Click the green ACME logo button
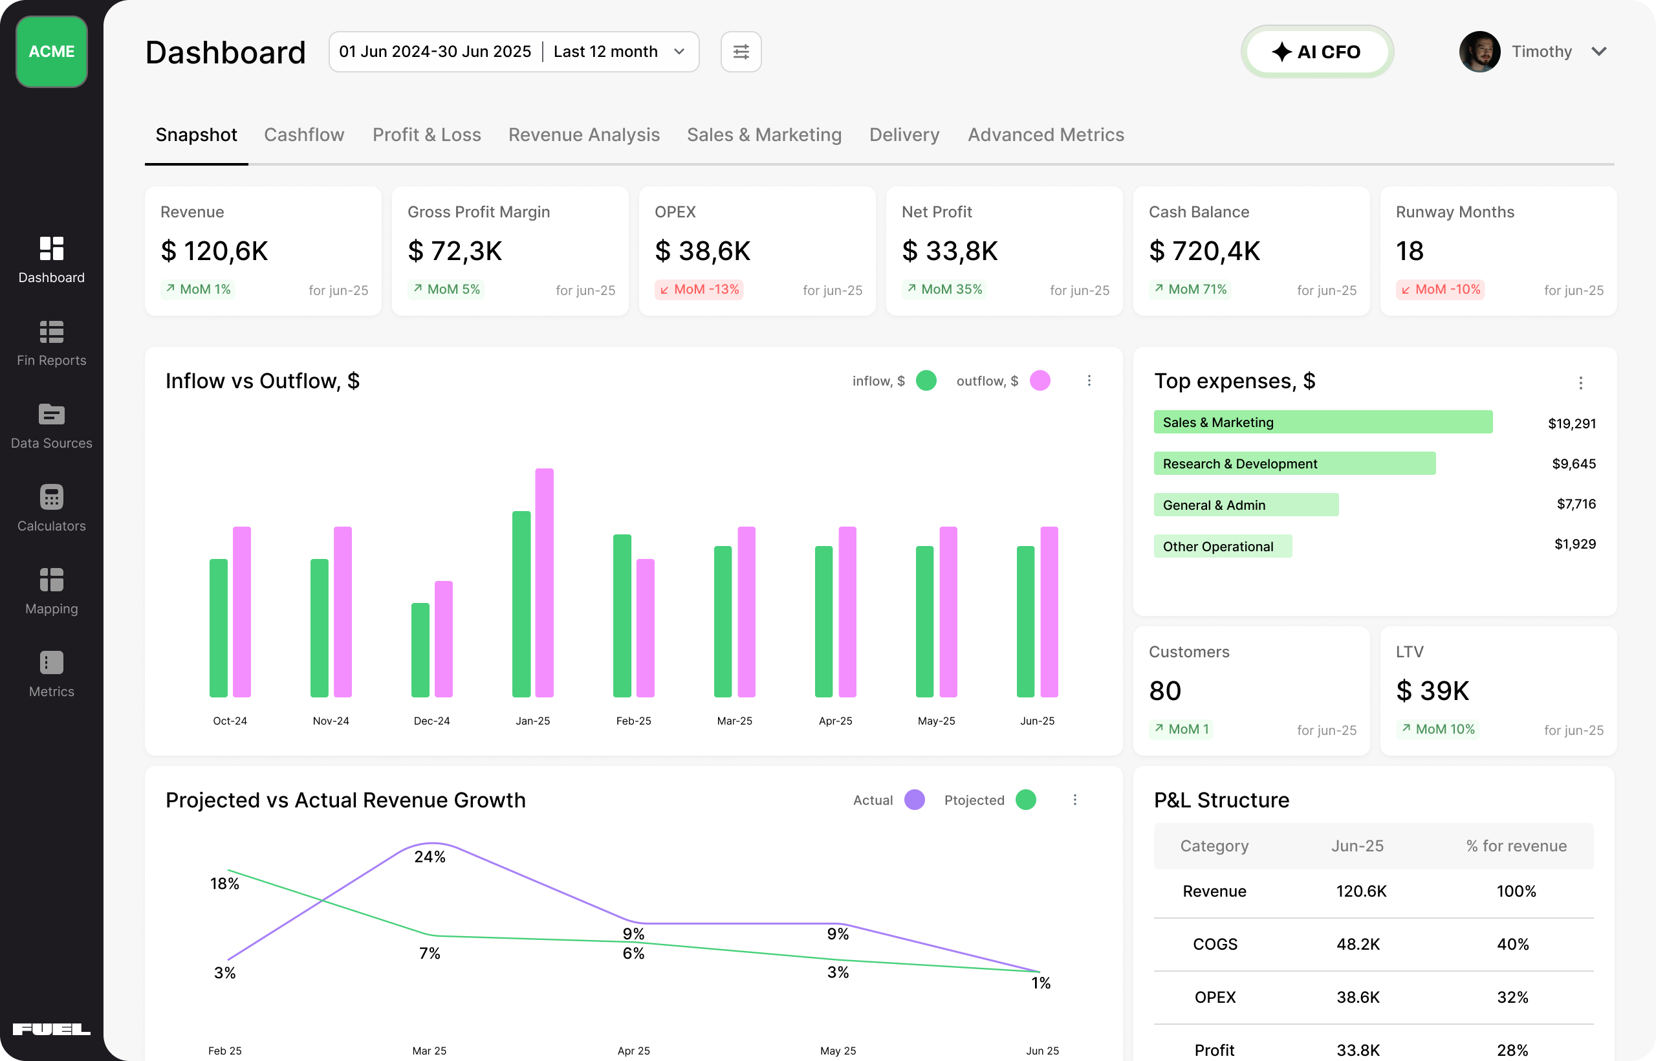(x=52, y=52)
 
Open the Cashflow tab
(x=304, y=135)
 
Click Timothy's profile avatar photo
(x=1479, y=52)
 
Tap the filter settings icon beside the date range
(x=741, y=52)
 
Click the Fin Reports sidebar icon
(x=52, y=332)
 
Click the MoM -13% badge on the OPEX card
(x=699, y=289)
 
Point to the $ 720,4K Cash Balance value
(x=1204, y=251)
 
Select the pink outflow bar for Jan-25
(x=544, y=582)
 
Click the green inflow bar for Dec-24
(x=420, y=650)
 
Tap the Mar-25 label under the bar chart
(x=734, y=721)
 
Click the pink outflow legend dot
(x=1040, y=380)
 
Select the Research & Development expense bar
(x=1294, y=463)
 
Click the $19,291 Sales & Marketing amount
(x=1571, y=423)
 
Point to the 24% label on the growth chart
(x=430, y=857)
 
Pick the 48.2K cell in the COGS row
(x=1357, y=944)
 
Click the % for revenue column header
(x=1516, y=846)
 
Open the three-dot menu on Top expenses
(x=1580, y=382)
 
